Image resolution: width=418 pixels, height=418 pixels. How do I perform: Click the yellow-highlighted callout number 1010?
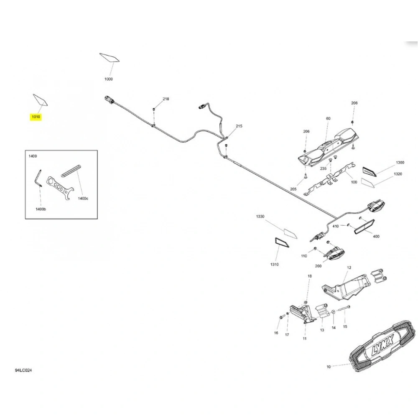(x=36, y=117)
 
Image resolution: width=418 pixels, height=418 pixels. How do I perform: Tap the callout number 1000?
(x=109, y=79)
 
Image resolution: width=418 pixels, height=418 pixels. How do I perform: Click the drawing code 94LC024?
(x=23, y=370)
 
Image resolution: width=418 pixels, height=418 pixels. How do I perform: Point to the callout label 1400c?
(x=83, y=198)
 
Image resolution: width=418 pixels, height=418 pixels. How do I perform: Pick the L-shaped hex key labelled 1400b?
(x=38, y=178)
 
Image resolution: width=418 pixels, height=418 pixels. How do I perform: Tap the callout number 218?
(x=166, y=99)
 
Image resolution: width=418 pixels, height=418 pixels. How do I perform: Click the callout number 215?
(x=239, y=126)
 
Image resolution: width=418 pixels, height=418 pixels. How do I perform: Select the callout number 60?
(x=328, y=118)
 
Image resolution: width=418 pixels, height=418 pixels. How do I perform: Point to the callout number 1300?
(x=400, y=162)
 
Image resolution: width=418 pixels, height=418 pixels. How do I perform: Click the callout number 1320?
(x=398, y=174)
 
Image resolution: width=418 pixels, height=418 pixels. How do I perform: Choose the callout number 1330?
(x=260, y=216)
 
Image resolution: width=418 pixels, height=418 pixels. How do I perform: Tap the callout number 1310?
(x=274, y=264)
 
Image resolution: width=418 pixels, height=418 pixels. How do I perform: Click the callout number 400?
(x=376, y=236)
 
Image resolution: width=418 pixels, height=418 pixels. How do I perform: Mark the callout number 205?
(x=293, y=189)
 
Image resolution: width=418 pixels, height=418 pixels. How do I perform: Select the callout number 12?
(x=349, y=268)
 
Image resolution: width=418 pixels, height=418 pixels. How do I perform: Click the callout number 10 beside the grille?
(x=329, y=367)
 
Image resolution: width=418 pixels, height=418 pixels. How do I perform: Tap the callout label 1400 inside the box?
(x=33, y=156)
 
